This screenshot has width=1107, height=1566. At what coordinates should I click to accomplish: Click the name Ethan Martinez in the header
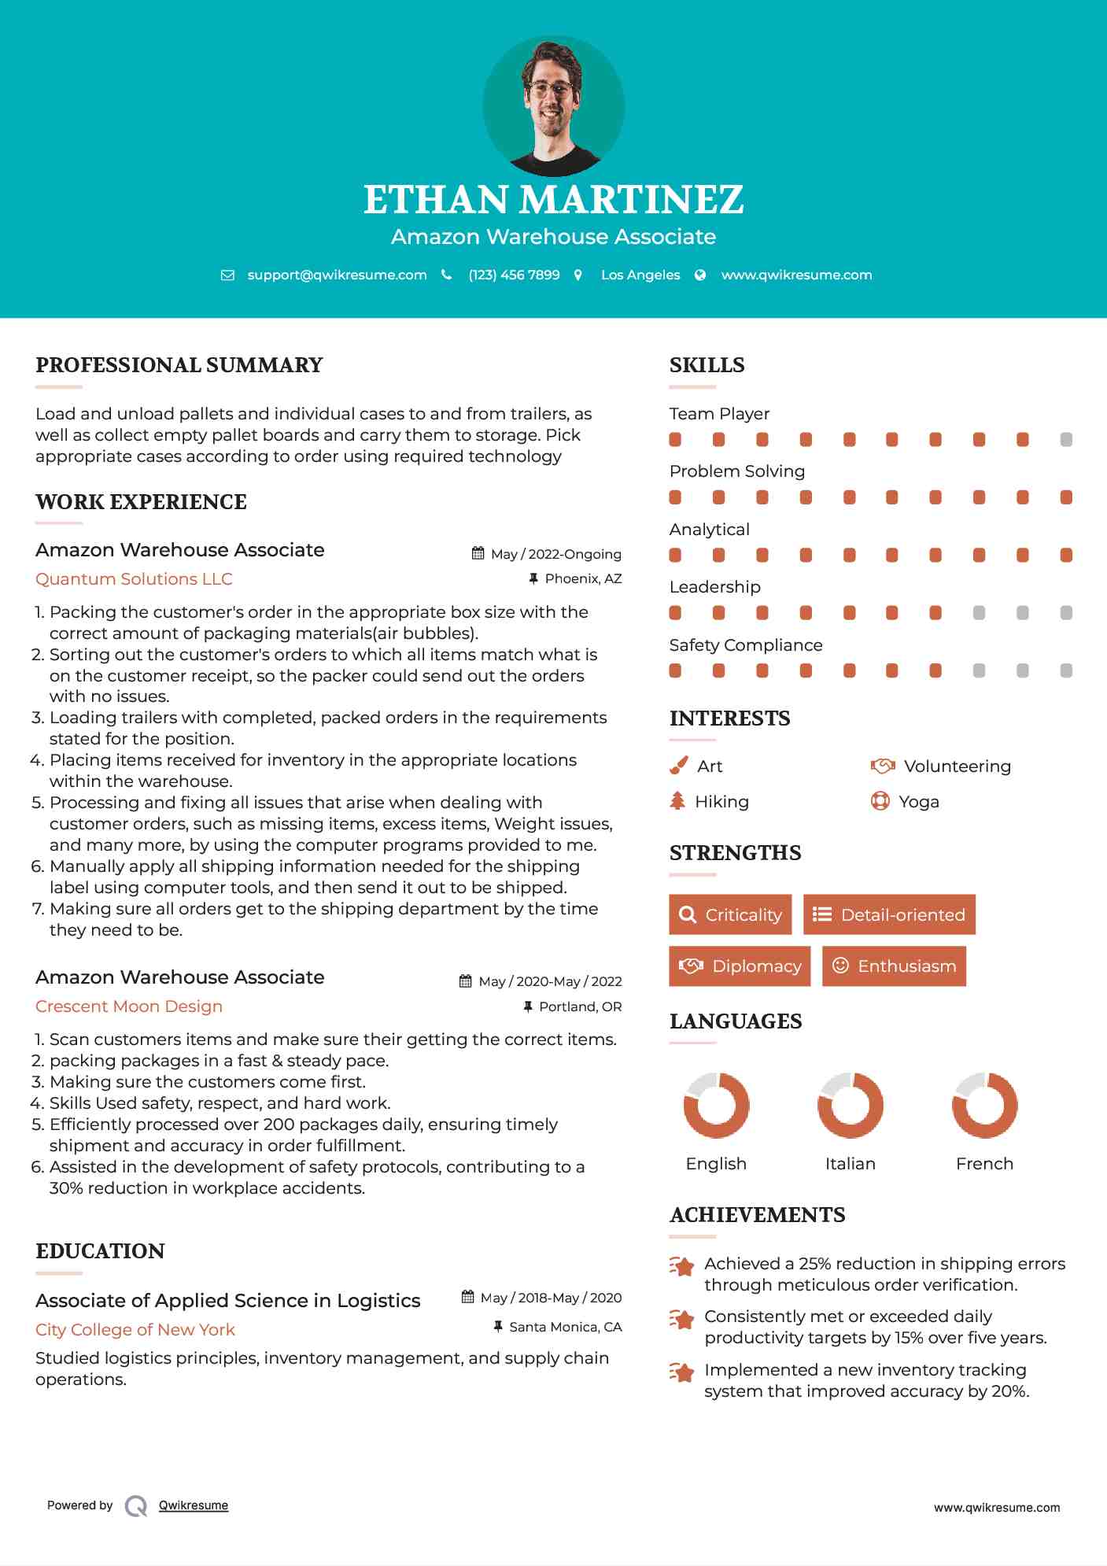[x=553, y=199]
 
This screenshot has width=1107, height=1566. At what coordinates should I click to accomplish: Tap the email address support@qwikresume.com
[x=337, y=275]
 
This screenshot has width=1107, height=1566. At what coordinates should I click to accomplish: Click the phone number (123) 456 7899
[x=514, y=275]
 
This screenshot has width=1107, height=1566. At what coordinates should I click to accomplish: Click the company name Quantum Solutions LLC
[x=134, y=578]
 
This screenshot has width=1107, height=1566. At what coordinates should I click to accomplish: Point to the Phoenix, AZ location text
[x=583, y=578]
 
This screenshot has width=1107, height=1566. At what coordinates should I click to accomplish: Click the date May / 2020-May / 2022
[x=550, y=981]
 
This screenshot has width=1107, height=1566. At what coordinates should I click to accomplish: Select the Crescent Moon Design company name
[x=129, y=1006]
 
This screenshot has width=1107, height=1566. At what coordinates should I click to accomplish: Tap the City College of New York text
[x=135, y=1329]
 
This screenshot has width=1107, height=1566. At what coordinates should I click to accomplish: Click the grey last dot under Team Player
[x=1066, y=439]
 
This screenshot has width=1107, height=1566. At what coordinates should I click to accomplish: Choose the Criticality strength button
[x=730, y=914]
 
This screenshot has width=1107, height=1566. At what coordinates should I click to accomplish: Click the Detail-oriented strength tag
[x=889, y=914]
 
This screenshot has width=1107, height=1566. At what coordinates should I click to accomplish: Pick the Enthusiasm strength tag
[x=894, y=966]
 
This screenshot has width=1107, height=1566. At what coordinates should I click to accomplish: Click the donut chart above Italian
[x=850, y=1105]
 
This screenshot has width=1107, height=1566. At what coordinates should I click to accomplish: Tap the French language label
[x=984, y=1163]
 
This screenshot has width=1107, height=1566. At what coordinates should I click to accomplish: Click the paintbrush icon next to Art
[x=678, y=766]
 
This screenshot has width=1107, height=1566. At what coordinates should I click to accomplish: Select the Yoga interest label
[x=919, y=801]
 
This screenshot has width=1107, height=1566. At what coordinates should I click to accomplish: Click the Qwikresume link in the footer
[x=194, y=1505]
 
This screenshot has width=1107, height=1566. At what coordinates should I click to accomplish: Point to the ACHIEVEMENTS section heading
[x=757, y=1214]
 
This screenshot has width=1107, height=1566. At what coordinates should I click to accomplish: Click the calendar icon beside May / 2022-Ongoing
[x=478, y=553]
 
